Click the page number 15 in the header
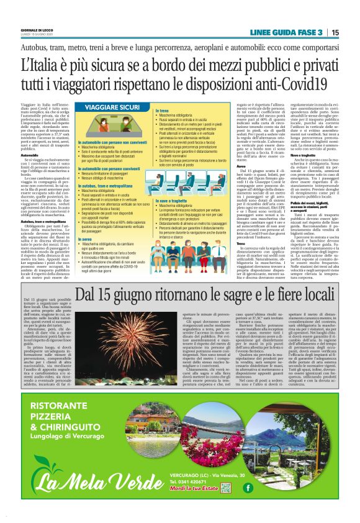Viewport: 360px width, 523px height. click(x=335, y=32)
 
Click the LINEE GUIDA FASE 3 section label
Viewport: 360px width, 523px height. click(x=286, y=32)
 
